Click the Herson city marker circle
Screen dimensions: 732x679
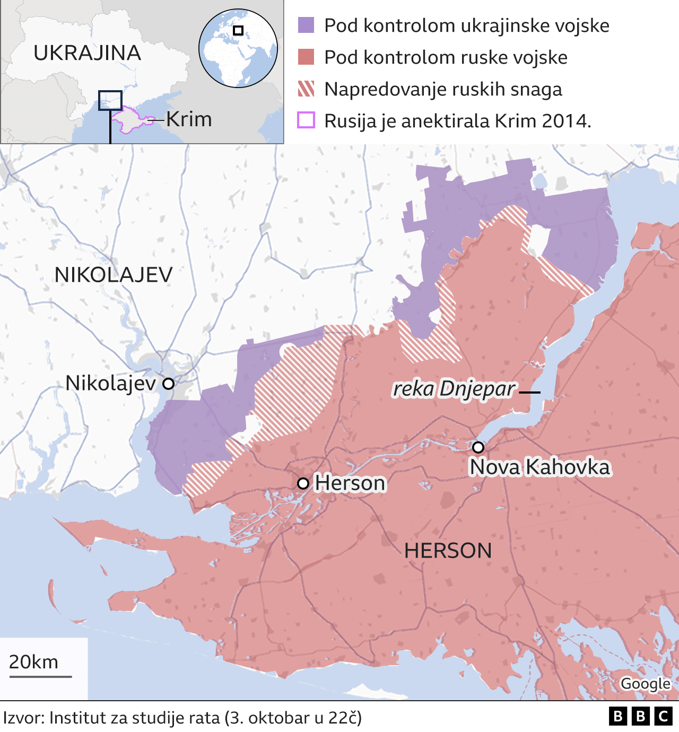click(303, 483)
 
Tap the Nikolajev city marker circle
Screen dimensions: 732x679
click(168, 384)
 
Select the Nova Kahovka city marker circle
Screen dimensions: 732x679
click(478, 447)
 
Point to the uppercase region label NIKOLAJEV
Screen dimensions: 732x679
click(114, 275)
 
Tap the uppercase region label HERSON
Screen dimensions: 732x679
click(448, 551)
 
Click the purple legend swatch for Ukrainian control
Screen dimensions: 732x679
click(306, 25)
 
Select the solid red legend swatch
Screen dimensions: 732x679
click(306, 57)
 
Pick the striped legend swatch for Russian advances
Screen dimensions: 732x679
click(306, 89)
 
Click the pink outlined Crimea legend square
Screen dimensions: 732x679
click(306, 120)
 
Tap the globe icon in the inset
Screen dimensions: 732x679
click(238, 48)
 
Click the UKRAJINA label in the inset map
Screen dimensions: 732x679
click(88, 53)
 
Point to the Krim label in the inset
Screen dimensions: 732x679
click(189, 119)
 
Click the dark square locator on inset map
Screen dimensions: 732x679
click(110, 100)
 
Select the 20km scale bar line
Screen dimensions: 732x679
click(40, 676)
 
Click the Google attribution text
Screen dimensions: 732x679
click(645, 684)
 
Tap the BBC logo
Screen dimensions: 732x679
click(640, 717)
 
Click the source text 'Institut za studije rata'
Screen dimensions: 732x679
click(134, 718)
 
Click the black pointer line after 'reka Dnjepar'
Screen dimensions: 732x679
click(529, 392)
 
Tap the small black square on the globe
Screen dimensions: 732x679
click(238, 30)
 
